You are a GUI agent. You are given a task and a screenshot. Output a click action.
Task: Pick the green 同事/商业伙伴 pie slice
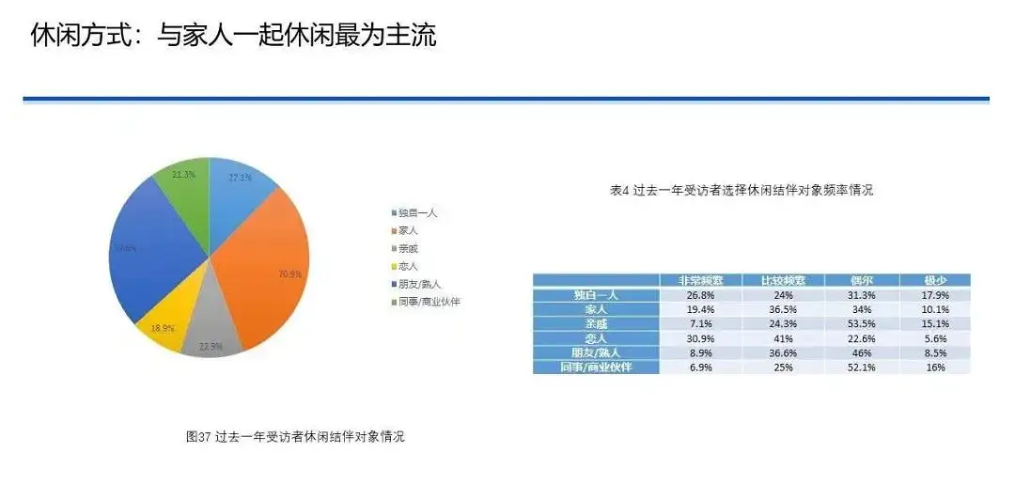[x=183, y=197]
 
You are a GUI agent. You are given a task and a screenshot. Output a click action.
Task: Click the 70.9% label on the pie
[x=290, y=274]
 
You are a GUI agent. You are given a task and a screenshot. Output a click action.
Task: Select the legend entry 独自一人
[x=417, y=213]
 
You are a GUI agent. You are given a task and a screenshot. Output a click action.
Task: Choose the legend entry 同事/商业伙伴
[x=428, y=302]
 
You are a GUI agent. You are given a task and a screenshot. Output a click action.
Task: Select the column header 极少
[x=934, y=280]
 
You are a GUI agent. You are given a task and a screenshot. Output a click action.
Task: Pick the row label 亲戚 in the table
[x=596, y=323]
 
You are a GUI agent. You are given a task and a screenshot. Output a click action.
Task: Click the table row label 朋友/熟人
[x=596, y=352]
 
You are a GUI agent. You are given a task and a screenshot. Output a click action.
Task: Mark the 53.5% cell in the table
[x=861, y=323]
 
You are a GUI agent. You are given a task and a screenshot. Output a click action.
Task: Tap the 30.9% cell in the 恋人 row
[x=700, y=338]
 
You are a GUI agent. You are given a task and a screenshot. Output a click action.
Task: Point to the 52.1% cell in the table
[x=861, y=367]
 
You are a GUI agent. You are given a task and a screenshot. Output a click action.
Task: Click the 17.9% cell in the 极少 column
[x=934, y=294]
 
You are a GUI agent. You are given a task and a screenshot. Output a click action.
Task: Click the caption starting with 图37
[x=295, y=437]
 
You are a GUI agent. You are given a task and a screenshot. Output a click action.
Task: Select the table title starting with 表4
[x=742, y=190]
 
